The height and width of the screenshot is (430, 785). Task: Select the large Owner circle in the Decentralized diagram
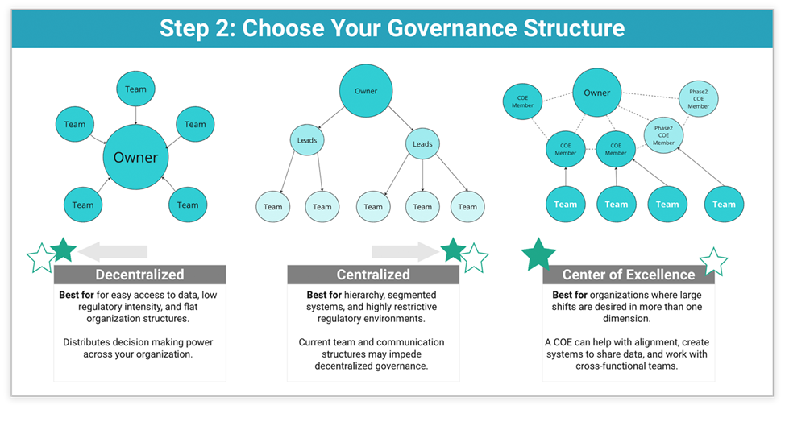pyautogui.click(x=135, y=158)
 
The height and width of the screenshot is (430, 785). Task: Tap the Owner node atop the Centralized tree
pyautogui.click(x=366, y=91)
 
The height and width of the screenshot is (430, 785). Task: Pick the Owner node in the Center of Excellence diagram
pyautogui.click(x=597, y=93)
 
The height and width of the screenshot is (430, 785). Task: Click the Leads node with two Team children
pyautogui.click(x=307, y=141)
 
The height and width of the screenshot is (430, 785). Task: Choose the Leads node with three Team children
pyautogui.click(x=422, y=144)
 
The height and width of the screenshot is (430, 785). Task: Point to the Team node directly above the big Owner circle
pyautogui.click(x=135, y=89)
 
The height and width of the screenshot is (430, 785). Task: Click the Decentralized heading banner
pyautogui.click(x=139, y=275)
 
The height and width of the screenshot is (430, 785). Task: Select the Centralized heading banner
pyautogui.click(x=373, y=275)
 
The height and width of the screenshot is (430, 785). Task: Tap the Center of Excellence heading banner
pyautogui.click(x=628, y=275)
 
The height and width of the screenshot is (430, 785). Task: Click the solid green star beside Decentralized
pyautogui.click(x=63, y=250)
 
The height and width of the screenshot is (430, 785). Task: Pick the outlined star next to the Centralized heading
pyautogui.click(x=475, y=258)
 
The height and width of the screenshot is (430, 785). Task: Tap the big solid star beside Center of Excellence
pyautogui.click(x=538, y=254)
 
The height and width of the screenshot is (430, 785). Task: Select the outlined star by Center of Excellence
pyautogui.click(x=713, y=262)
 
